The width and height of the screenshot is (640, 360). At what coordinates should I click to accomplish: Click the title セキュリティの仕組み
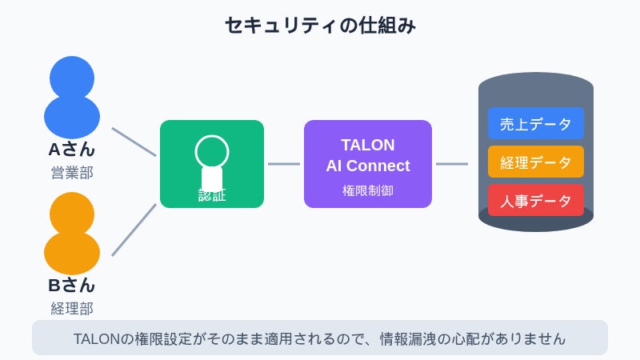click(320, 26)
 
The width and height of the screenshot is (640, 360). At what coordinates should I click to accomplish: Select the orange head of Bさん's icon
click(72, 213)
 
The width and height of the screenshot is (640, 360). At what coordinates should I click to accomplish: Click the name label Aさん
click(72, 150)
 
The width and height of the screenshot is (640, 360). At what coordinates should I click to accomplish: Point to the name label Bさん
click(72, 286)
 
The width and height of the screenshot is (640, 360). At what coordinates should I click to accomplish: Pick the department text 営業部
click(72, 173)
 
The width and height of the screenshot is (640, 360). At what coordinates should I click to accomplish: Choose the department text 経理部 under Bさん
click(72, 309)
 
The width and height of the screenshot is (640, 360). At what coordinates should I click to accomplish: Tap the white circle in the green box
click(212, 151)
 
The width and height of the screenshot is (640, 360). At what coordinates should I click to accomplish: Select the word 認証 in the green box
click(212, 195)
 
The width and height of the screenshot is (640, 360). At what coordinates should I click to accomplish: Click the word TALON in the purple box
click(368, 145)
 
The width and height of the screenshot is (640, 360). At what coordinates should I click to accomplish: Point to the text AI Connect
click(368, 166)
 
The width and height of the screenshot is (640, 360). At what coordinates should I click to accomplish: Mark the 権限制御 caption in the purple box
click(368, 191)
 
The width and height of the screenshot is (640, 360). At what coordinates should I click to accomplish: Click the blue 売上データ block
click(536, 124)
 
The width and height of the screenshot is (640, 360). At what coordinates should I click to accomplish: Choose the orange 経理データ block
click(536, 162)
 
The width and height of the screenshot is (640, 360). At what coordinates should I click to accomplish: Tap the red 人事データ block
click(536, 201)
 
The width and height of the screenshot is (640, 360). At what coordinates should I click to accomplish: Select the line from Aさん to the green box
click(134, 142)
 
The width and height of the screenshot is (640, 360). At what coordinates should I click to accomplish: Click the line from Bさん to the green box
click(134, 230)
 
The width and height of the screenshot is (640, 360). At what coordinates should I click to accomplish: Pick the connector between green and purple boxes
click(284, 164)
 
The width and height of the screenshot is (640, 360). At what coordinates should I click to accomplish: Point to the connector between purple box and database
click(452, 164)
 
